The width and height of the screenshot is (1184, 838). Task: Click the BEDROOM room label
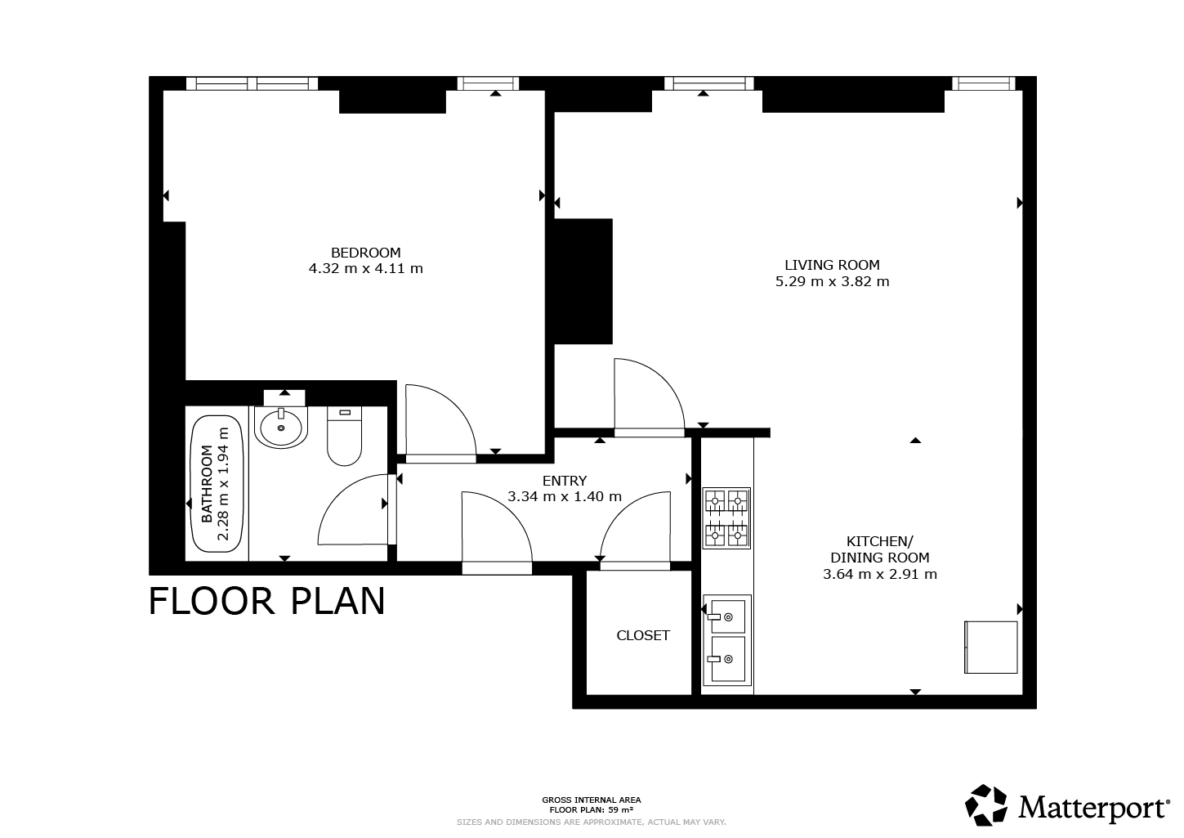coord(366,253)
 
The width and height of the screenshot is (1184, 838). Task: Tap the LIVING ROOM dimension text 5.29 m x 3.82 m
coord(832,281)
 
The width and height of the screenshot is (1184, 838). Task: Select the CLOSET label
coord(643,635)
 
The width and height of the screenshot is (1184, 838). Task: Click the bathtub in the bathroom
coord(217,484)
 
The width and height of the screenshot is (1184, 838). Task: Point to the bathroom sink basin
coord(280,428)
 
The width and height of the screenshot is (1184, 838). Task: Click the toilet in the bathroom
coord(344,436)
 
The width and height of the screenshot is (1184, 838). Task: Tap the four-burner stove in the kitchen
coord(726,518)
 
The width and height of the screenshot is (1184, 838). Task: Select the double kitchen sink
coord(727,640)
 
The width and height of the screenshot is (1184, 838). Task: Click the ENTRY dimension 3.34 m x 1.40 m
coord(565,496)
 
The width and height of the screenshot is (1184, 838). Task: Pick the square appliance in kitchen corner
coord(991,648)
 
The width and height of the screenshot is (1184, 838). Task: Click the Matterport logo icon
coord(985,804)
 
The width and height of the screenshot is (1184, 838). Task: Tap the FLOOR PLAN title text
coord(267,601)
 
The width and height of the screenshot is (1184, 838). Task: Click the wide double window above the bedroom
coord(252,83)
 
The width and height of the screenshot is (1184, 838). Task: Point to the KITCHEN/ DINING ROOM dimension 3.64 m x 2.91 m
coord(879,574)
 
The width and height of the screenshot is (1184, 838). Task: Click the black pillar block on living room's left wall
coord(583,281)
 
